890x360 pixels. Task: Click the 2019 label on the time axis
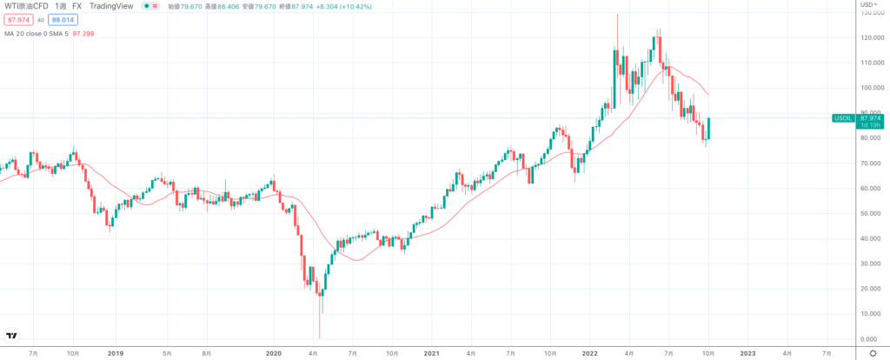click(116, 354)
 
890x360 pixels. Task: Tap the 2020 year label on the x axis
click(274, 354)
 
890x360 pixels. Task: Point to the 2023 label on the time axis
click(747, 354)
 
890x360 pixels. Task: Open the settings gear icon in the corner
click(873, 353)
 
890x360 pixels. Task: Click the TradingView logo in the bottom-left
click(13, 336)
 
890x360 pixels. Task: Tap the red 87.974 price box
click(17, 20)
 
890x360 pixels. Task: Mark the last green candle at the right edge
click(709, 128)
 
